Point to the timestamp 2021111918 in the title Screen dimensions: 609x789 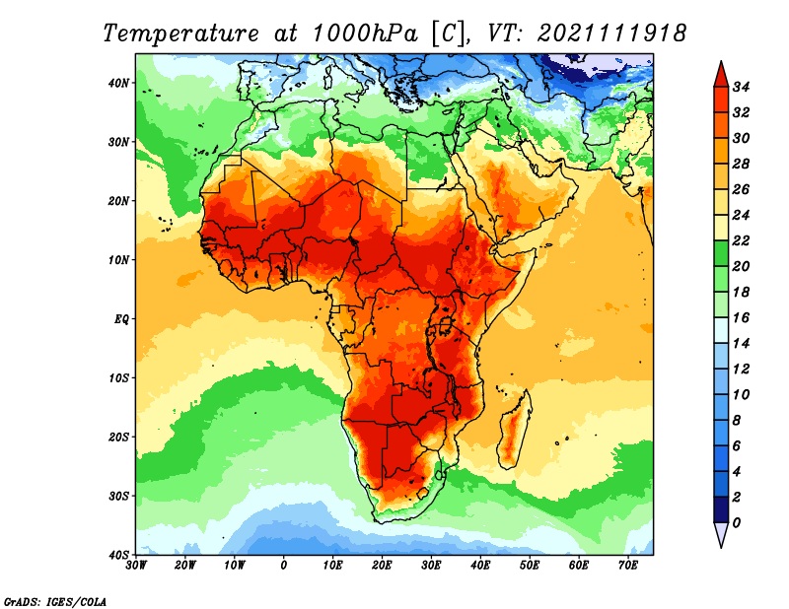coord(611,33)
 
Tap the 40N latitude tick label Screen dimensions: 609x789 coord(118,83)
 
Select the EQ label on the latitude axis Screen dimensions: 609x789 coord(120,319)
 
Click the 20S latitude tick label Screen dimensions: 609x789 coord(118,437)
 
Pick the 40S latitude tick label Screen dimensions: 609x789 coord(118,555)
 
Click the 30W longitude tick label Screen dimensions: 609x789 coord(136,566)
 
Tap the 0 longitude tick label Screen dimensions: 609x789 coord(284,566)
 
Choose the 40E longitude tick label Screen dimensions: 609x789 coord(480,566)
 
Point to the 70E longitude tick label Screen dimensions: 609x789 coord(628,566)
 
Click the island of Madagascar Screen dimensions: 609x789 coord(515,429)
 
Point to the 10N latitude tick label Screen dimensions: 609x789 coord(118,260)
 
